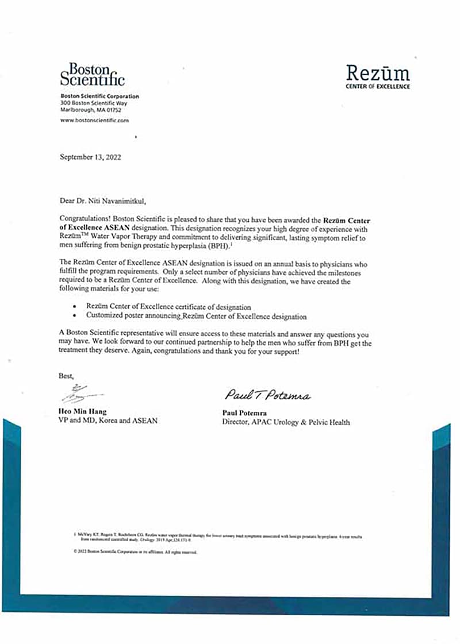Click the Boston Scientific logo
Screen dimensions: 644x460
tap(92, 74)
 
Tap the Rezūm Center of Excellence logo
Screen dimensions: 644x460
tap(378, 77)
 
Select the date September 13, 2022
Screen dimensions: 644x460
tap(90, 156)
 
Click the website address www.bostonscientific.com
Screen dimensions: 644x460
tap(94, 121)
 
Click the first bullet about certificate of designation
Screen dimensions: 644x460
tap(168, 307)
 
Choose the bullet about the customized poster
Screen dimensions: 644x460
tap(195, 316)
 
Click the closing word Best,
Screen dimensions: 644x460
tap(67, 376)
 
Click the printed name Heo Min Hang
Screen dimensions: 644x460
tap(83, 412)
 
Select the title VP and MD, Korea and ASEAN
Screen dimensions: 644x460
tap(108, 421)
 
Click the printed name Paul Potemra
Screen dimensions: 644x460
tap(246, 412)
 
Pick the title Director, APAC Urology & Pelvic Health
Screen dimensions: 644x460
tap(285, 422)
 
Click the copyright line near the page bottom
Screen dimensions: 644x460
tap(136, 552)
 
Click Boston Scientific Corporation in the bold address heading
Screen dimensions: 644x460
tap(99, 96)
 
